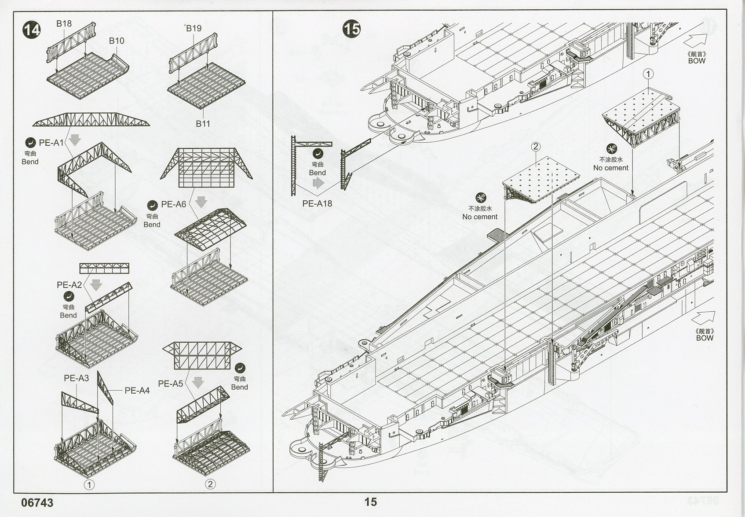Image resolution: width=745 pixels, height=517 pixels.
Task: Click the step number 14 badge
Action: tap(32, 30)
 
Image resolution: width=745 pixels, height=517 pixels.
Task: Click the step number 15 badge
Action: tap(352, 29)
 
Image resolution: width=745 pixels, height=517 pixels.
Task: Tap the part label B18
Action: tap(64, 23)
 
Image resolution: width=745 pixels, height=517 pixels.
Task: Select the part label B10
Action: tap(117, 41)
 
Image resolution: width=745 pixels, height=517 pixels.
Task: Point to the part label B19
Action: tap(194, 28)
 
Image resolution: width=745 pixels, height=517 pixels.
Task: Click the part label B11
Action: tap(203, 124)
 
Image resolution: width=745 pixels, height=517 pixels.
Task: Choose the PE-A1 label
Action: tap(51, 142)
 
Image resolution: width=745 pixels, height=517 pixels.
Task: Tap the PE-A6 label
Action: tap(173, 204)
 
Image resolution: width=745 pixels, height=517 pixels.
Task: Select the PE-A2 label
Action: tap(69, 285)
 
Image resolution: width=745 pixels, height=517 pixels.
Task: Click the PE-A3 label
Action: tap(77, 378)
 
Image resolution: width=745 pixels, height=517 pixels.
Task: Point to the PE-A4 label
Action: tap(137, 390)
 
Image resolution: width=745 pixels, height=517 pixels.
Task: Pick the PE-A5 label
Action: tap(170, 384)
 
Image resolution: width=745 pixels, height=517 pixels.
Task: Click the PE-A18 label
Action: tap(317, 203)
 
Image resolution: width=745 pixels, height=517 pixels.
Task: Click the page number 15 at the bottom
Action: tap(370, 502)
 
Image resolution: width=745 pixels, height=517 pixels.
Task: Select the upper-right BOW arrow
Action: tap(700, 41)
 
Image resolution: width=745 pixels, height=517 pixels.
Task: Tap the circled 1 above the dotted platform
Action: tap(648, 74)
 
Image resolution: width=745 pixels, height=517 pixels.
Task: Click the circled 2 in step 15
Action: tap(536, 146)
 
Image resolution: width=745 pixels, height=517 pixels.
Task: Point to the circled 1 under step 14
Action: tap(89, 485)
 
